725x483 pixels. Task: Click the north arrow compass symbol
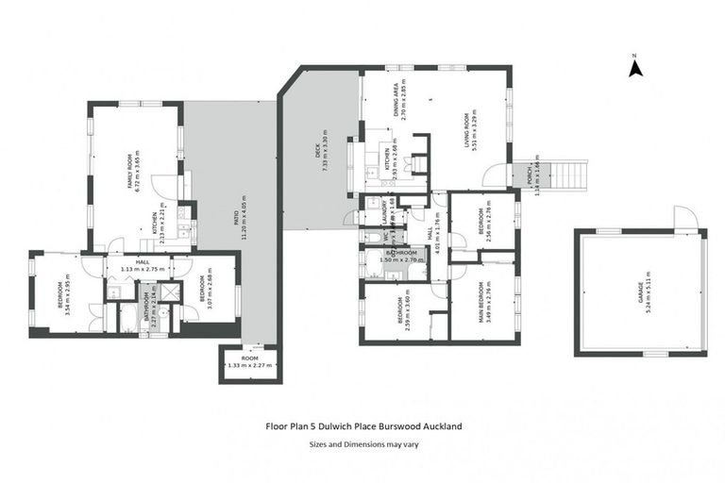(x=635, y=66)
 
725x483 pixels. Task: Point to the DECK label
(x=318, y=155)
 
